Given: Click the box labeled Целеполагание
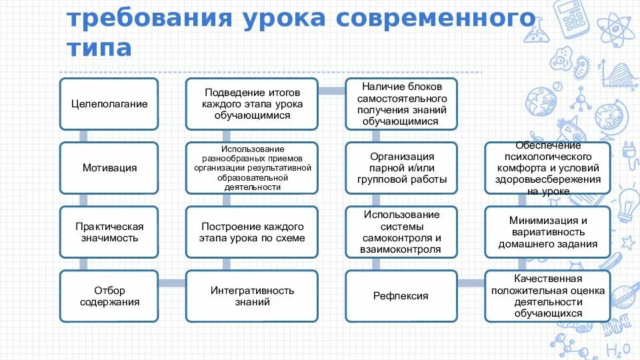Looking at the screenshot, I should (x=109, y=104).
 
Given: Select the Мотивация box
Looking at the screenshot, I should (x=109, y=168).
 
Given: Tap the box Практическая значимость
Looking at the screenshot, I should (x=109, y=232).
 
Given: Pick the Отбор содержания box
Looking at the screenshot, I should (x=109, y=296).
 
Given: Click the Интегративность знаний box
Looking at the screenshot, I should (x=252, y=296).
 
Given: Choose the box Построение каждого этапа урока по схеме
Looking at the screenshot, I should (x=252, y=232).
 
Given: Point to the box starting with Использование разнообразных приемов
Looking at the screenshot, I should (x=252, y=168).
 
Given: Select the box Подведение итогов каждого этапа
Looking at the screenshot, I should (x=252, y=104).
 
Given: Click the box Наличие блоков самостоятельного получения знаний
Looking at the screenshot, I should (x=401, y=104).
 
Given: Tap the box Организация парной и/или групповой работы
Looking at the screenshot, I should (x=401, y=168).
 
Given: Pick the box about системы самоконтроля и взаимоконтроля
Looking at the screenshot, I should (x=401, y=232).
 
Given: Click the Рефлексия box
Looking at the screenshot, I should (x=401, y=296).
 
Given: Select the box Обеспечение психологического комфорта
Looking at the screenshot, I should (x=547, y=168).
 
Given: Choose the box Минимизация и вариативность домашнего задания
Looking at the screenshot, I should (x=547, y=232).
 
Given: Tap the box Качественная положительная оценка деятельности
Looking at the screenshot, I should (x=547, y=296).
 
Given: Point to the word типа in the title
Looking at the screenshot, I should (x=99, y=47).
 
